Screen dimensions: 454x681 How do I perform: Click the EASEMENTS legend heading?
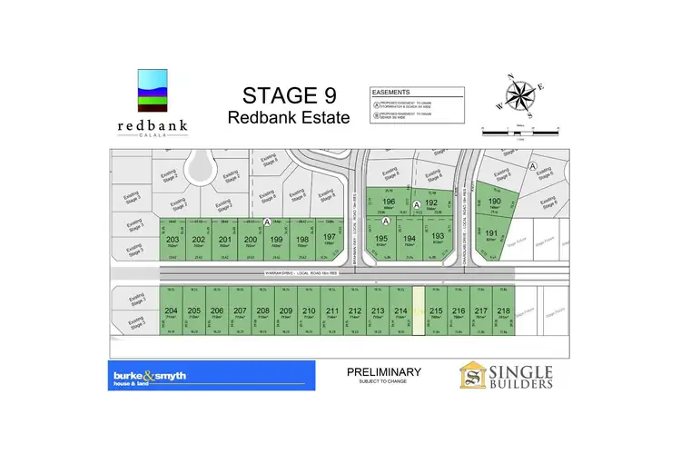click(392, 92)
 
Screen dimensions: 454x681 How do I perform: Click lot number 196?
click(389, 204)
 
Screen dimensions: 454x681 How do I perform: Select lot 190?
click(495, 203)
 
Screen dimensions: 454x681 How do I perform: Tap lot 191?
click(491, 234)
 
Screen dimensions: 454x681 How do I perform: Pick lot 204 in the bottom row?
click(172, 311)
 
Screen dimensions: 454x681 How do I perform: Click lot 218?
click(504, 311)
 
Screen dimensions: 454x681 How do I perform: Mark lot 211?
click(331, 311)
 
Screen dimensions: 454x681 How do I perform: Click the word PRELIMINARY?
click(384, 372)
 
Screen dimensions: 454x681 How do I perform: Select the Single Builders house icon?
click(474, 376)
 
